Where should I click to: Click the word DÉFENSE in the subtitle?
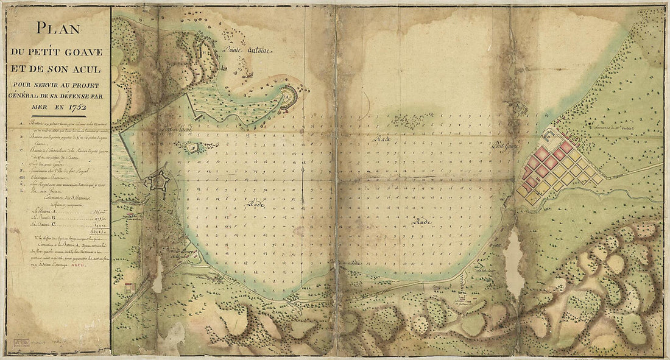77,94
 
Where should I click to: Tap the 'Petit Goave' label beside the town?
507,145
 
